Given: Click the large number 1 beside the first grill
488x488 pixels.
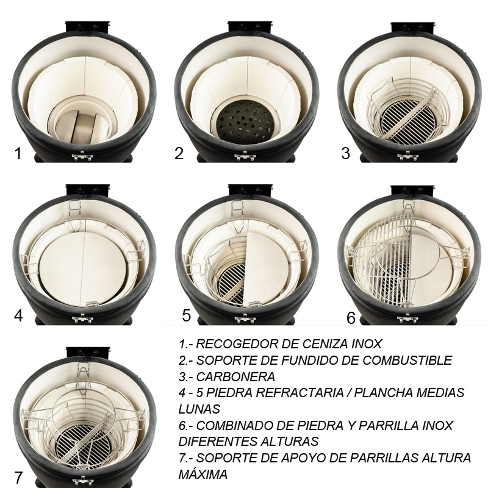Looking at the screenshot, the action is tap(18, 153).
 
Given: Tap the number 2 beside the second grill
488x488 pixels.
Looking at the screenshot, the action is tap(179, 153).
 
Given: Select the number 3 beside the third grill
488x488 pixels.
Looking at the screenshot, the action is tap(345, 153).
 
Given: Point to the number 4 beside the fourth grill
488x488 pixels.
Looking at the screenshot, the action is tap(18, 315).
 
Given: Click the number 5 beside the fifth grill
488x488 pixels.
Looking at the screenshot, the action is tap(186, 315).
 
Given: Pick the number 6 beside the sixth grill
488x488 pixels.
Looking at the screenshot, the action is tap(351, 318).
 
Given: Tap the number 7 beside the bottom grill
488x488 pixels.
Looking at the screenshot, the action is tap(18, 478).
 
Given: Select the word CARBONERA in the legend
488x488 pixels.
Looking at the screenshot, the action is tap(235, 376).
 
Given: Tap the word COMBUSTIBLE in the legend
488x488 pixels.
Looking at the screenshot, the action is tap(407, 360).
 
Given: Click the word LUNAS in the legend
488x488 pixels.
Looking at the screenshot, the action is tap(199, 409).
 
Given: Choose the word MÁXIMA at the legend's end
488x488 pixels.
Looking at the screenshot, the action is tap(203, 475).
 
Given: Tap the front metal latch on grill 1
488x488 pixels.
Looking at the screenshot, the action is tap(82, 156).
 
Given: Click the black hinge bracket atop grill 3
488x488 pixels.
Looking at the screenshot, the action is tap(413, 27).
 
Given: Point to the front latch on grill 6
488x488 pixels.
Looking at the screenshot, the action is tap(407, 318).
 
